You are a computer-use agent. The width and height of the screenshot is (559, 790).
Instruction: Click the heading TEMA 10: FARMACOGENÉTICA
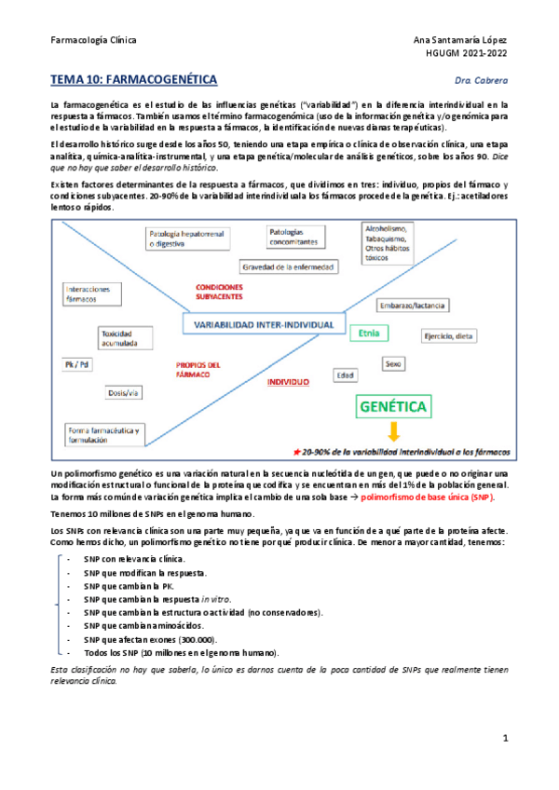click(133, 81)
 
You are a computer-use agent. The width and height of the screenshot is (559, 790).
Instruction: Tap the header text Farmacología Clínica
click(93, 41)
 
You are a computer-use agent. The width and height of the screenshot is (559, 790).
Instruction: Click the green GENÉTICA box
click(393, 407)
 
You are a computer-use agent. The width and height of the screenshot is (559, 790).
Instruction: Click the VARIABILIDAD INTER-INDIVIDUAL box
click(264, 324)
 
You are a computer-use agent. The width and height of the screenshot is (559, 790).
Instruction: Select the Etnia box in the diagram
click(368, 333)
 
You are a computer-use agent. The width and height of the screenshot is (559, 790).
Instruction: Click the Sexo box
click(393, 365)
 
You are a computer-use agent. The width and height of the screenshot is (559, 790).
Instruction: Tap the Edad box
click(346, 375)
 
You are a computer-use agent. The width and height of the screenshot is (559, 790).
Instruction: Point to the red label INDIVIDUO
click(288, 383)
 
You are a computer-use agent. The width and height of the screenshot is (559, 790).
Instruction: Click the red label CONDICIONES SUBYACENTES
click(219, 291)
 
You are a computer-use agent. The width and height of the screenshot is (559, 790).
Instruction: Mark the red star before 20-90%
click(296, 451)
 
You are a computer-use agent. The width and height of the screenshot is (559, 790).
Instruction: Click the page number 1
click(504, 739)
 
